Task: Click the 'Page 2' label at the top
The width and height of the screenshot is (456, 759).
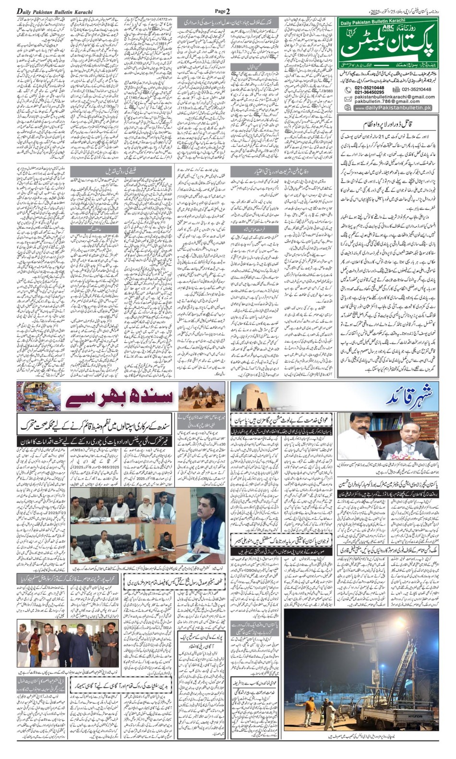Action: coord(223,11)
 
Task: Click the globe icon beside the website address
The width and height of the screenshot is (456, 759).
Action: coord(348,108)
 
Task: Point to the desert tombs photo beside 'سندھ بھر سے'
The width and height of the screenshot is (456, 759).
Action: coord(202,396)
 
